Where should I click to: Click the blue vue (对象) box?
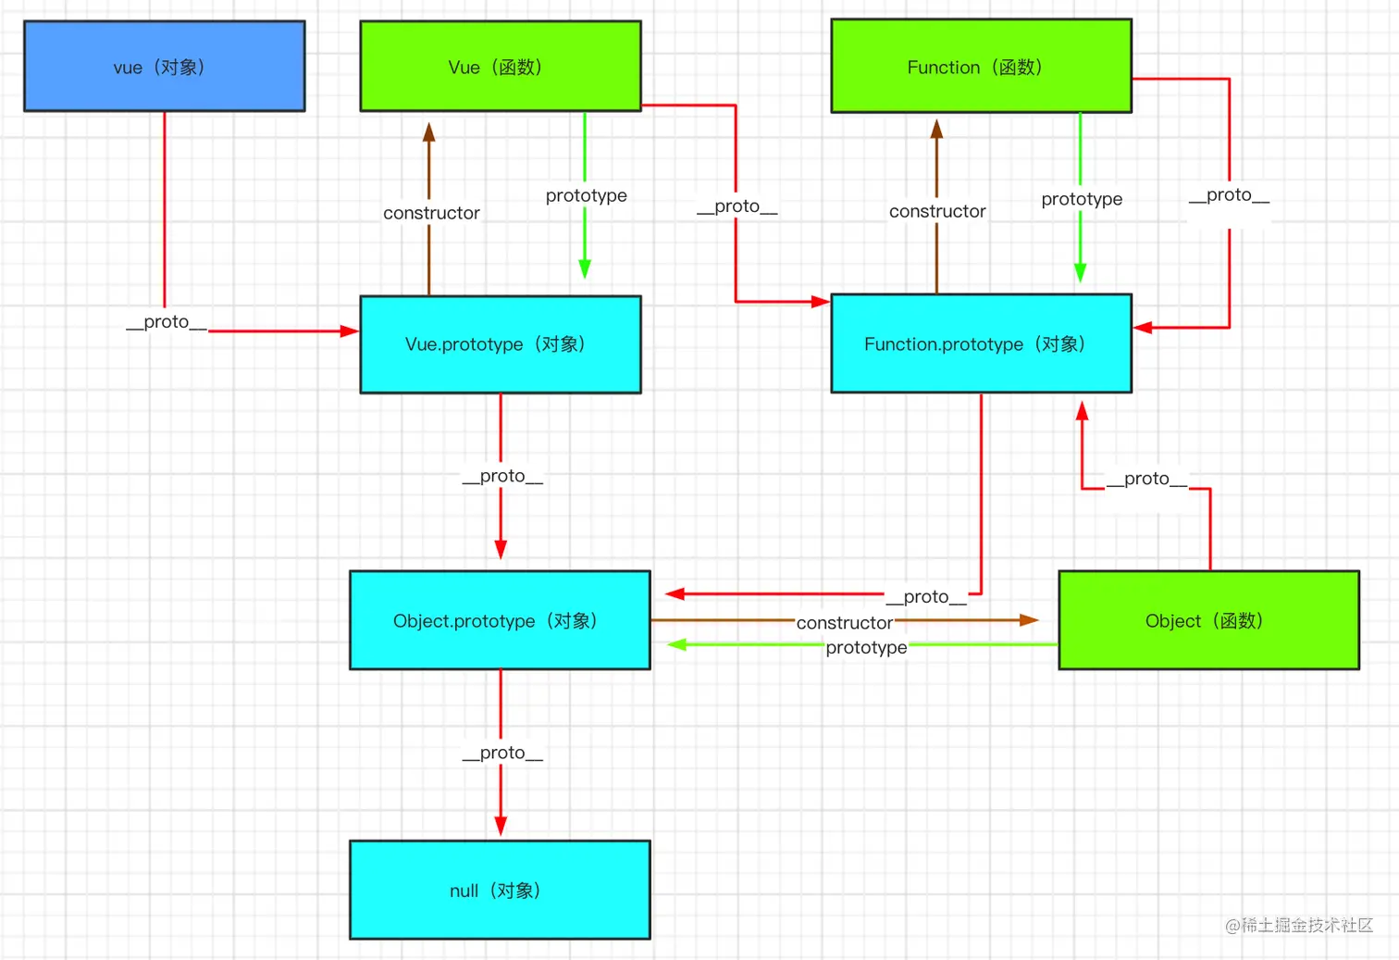tap(164, 67)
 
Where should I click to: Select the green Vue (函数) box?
tap(500, 67)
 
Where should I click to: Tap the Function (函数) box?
tap(981, 67)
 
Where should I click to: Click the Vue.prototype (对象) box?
tap(500, 344)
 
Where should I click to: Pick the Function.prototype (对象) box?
tap(981, 343)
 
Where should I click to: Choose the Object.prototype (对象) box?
tap(500, 620)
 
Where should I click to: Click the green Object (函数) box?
tap(1208, 620)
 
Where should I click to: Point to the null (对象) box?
tap(500, 890)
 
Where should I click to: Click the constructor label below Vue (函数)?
tap(431, 213)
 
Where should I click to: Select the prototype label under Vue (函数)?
tap(586, 195)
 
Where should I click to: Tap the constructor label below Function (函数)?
tap(937, 211)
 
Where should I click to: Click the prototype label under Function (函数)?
tap(1082, 199)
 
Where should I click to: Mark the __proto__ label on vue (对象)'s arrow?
tap(167, 322)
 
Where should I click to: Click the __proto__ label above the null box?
tap(502, 753)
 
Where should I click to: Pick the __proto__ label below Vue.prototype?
tap(502, 476)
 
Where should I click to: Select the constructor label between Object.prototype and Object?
tap(845, 623)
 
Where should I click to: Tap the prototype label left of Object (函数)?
tap(866, 647)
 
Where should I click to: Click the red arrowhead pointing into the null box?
tap(501, 827)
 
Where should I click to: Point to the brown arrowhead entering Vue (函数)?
tap(429, 132)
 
